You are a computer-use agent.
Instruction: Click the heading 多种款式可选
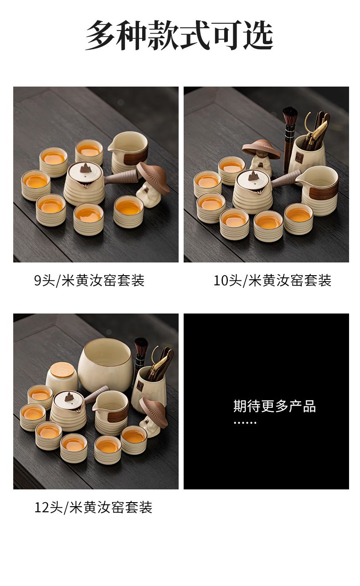pyautogui.click(x=180, y=35)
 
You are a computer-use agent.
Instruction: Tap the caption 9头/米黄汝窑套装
pyautogui.click(x=89, y=280)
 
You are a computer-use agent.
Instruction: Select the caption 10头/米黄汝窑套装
pyautogui.click(x=273, y=280)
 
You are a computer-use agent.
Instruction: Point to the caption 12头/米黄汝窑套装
pyautogui.click(x=93, y=508)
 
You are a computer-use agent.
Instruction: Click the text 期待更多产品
pyautogui.click(x=274, y=406)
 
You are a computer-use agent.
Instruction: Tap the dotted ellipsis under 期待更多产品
pyautogui.click(x=245, y=423)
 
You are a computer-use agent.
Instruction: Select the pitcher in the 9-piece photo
pyautogui.click(x=128, y=151)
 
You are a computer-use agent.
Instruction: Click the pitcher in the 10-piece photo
pyautogui.click(x=318, y=190)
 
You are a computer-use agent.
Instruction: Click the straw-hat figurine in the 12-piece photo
pyautogui.click(x=154, y=417)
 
